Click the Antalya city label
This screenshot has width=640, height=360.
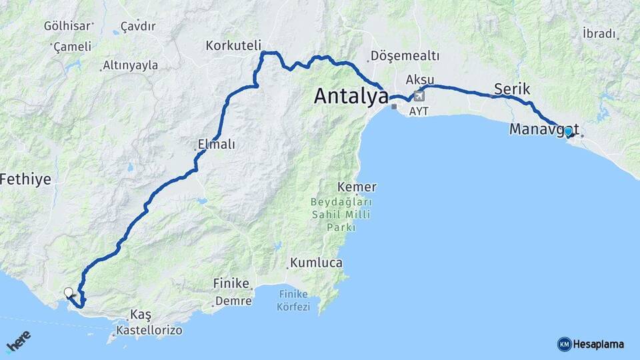(351, 97)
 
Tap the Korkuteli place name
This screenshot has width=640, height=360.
(233, 45)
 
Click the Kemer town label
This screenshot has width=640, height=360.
(357, 187)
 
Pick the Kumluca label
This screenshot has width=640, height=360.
(316, 263)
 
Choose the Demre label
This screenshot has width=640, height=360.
(233, 301)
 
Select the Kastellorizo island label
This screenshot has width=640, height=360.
(149, 330)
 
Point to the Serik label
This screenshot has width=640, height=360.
(512, 89)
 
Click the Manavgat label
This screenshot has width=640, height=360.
(543, 129)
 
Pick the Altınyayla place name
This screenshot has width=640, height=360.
(130, 65)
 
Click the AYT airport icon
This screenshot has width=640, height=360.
(418, 95)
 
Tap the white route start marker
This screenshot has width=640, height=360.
(68, 292)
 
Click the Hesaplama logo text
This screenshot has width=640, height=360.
(598, 344)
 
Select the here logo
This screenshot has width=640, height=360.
(19, 343)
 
